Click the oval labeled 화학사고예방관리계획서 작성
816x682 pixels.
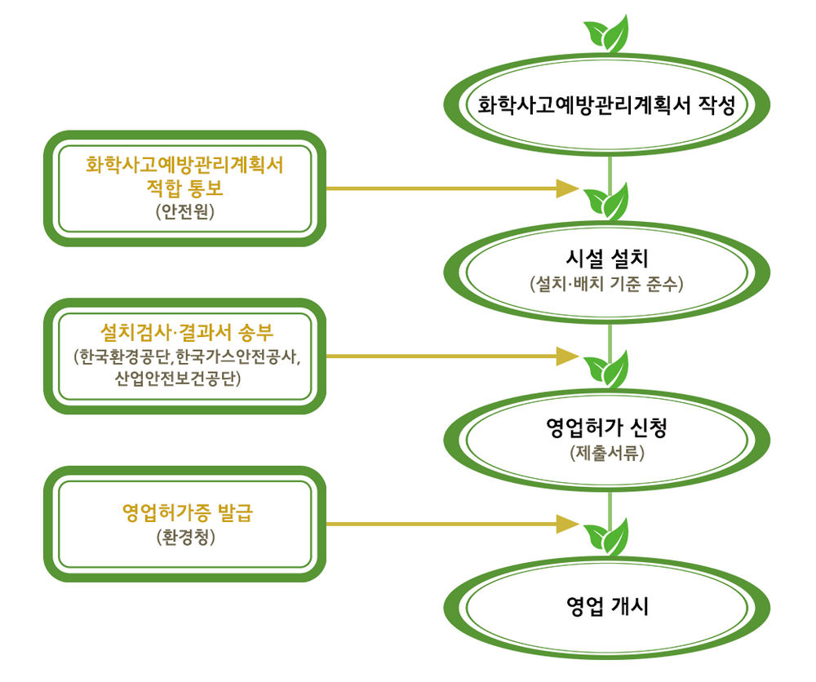607,104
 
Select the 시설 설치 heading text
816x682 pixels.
607,259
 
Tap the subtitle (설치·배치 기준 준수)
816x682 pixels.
607,284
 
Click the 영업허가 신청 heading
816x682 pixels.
607,427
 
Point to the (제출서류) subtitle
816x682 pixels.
607,453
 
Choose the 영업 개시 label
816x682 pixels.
607,607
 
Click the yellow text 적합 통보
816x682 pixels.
184,188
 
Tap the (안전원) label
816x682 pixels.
184,211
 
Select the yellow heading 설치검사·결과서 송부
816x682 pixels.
186,332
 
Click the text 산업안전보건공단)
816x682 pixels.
178,379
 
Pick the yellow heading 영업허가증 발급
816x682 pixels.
188,513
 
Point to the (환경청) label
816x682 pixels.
186,537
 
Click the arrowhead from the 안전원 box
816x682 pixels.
567,188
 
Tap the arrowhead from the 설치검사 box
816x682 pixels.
567,356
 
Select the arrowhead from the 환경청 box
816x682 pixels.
567,524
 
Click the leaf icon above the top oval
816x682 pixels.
607,34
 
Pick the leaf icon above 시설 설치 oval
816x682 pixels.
607,201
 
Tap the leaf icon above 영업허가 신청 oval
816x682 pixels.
607,370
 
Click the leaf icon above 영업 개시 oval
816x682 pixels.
607,538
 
